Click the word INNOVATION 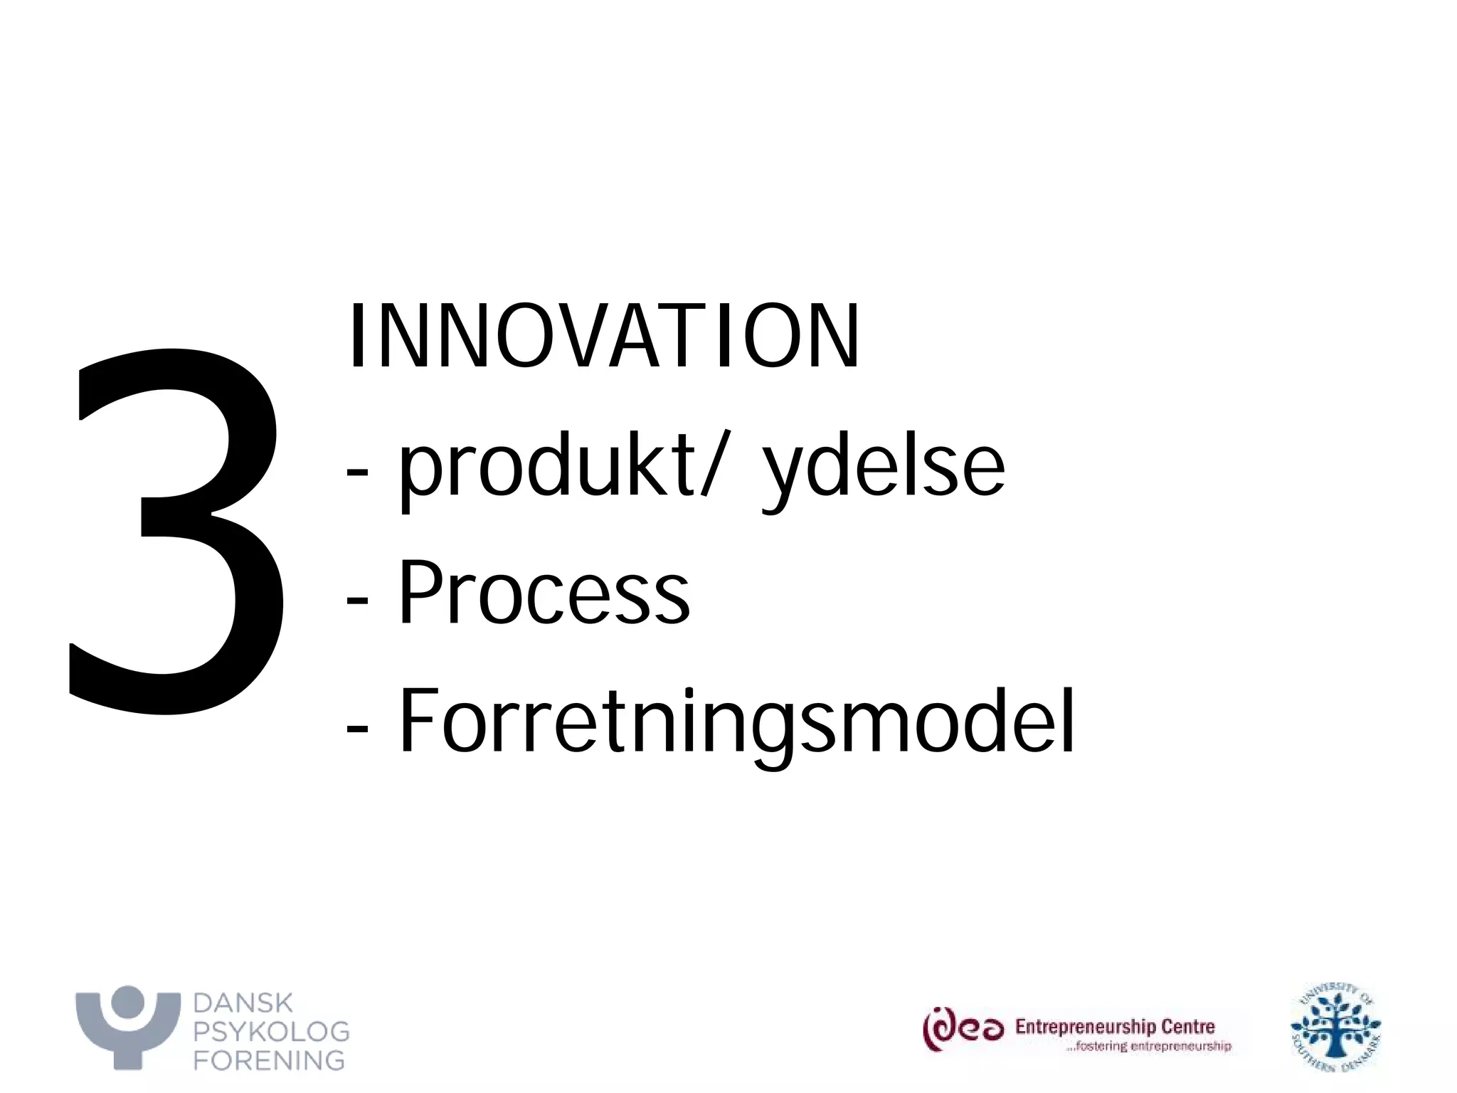click(603, 336)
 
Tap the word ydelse click(884, 470)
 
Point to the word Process click(544, 592)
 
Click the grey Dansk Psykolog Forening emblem click(128, 1025)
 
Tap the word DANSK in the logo click(243, 1003)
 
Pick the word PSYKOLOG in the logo click(272, 1031)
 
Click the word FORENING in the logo click(270, 1060)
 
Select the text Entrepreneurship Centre click(1115, 1027)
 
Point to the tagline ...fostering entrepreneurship click(1148, 1046)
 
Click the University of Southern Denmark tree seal click(1335, 1027)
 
